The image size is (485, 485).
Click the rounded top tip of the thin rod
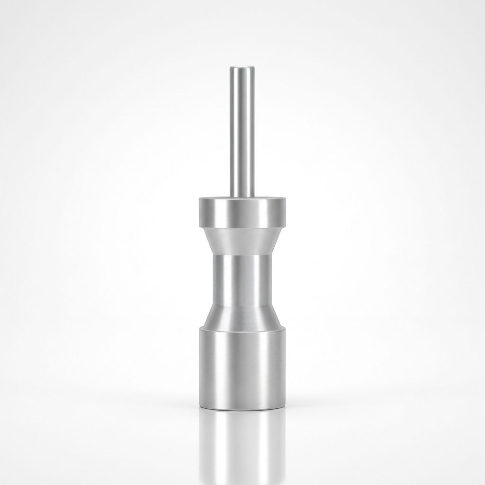coord(242,68)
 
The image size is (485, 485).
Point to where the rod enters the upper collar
coord(242,196)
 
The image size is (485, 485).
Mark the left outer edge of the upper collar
coord(199,213)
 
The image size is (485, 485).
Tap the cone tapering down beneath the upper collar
coord(242,242)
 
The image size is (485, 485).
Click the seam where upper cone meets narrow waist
coord(242,256)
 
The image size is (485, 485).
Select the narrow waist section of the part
coord(242,279)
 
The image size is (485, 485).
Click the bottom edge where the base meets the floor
coord(242,409)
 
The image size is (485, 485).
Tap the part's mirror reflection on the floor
coord(242,445)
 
